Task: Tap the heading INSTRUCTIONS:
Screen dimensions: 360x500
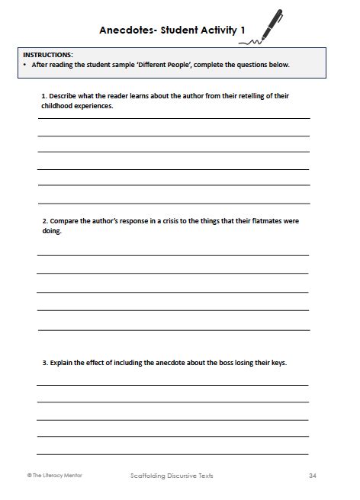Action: click(48, 56)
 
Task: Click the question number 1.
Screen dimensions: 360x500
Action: click(43, 96)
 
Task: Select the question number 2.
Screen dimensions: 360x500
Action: click(44, 221)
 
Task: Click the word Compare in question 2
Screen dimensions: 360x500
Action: click(66, 221)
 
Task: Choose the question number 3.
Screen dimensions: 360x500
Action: click(44, 363)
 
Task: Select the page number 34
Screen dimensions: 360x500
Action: click(312, 475)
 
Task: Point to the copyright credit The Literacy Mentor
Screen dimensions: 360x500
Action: click(54, 475)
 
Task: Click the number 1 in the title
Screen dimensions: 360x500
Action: click(243, 31)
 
